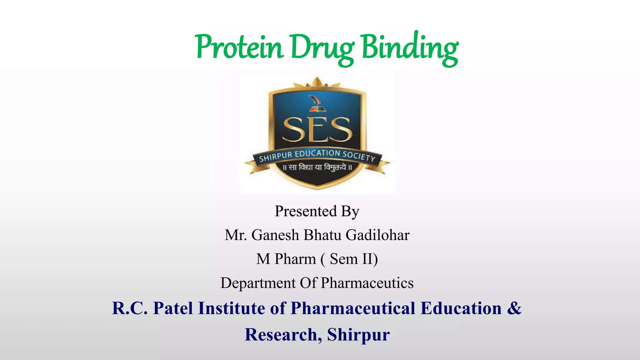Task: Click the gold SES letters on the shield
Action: click(x=317, y=130)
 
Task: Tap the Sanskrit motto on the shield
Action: click(x=317, y=167)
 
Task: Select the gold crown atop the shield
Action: click(x=317, y=82)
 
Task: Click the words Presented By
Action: click(x=317, y=211)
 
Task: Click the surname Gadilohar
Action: click(x=377, y=235)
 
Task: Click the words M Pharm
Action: click(x=286, y=259)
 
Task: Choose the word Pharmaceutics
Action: click(x=367, y=283)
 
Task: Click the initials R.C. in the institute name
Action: click(x=130, y=308)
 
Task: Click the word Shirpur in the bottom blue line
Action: click(x=358, y=334)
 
